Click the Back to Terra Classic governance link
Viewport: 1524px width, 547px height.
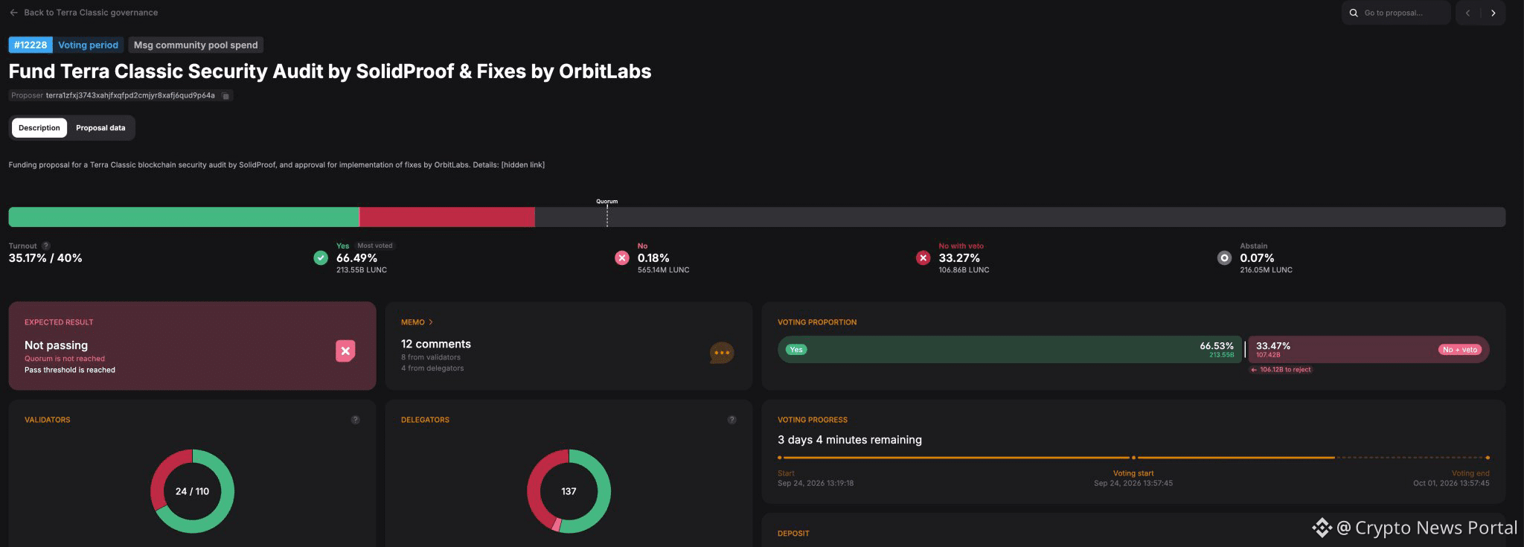83,13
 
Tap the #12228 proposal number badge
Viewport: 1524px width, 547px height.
31,45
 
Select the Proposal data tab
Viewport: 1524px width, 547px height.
100,128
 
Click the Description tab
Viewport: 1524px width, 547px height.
39,128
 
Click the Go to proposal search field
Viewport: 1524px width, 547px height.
1396,13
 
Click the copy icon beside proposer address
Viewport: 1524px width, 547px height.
226,95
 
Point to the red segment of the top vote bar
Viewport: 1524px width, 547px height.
447,217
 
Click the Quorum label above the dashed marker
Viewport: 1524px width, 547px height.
607,201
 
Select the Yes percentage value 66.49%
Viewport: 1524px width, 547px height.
357,258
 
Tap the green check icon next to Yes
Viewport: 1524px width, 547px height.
321,257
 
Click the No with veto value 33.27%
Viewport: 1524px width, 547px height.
959,258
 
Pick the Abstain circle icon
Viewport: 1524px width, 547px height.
1224,257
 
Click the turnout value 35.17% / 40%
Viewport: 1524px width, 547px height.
45,258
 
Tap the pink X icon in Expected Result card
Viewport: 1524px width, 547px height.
345,351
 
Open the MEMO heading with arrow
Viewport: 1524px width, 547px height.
417,322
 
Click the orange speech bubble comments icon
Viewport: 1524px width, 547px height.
722,353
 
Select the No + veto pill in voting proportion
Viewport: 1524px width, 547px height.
1460,350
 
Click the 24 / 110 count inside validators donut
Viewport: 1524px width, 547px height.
192,491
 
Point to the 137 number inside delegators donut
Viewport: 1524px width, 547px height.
569,491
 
